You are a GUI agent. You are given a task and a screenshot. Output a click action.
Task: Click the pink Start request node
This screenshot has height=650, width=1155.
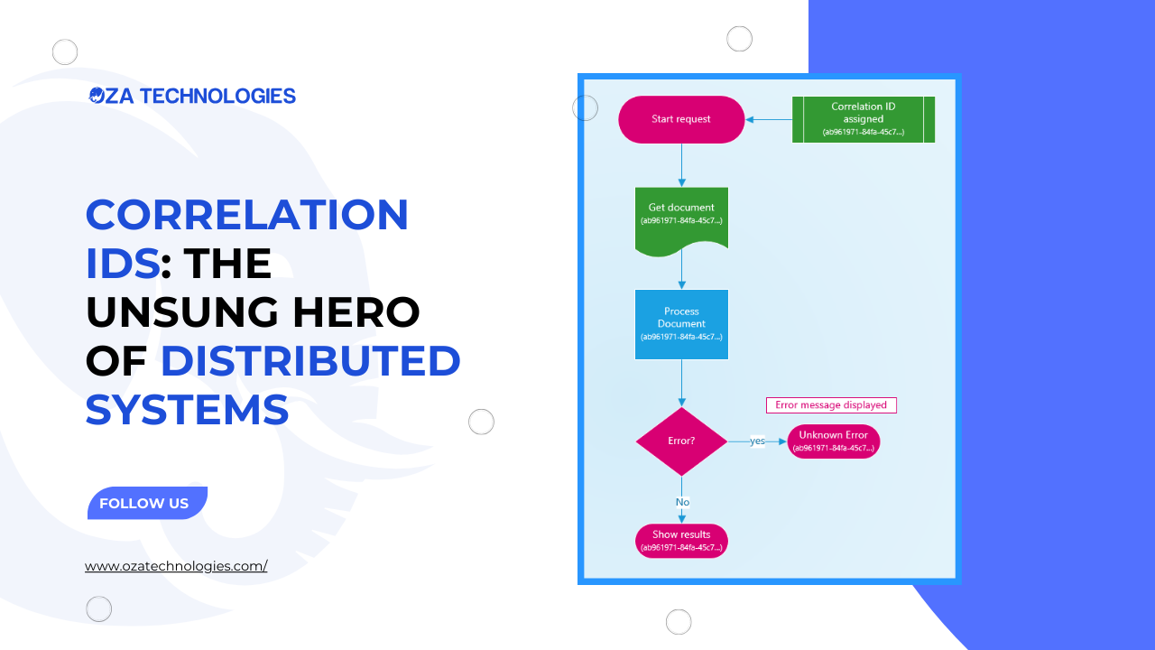click(x=681, y=119)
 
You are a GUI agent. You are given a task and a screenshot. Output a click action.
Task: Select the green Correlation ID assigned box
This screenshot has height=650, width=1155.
click(x=864, y=119)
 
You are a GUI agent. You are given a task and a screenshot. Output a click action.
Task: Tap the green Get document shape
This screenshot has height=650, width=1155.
click(x=681, y=217)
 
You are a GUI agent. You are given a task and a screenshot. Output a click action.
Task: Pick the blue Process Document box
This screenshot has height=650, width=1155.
click(x=681, y=324)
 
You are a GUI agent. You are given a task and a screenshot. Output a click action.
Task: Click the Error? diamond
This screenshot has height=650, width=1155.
click(x=681, y=441)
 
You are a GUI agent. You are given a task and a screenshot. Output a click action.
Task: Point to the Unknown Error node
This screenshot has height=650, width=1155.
click(x=833, y=441)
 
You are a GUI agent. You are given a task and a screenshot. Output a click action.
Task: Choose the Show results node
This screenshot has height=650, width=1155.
click(x=681, y=541)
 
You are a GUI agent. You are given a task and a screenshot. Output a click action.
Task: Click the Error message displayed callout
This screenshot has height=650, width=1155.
click(x=831, y=405)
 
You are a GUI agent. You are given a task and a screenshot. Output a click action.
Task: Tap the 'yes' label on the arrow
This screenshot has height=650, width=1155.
click(x=757, y=441)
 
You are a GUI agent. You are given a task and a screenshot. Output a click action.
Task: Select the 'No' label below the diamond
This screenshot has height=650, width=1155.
click(x=682, y=502)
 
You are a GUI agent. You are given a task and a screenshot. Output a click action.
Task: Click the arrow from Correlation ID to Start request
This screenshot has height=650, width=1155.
click(x=769, y=119)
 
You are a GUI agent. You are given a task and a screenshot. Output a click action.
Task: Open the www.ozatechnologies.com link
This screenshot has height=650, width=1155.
click(x=176, y=567)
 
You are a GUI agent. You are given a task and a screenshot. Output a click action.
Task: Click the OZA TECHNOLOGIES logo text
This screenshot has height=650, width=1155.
click(x=192, y=96)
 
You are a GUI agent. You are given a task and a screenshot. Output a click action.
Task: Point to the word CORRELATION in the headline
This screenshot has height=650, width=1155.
click(x=247, y=215)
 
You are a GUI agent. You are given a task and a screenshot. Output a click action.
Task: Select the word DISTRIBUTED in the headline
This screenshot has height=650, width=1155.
click(x=310, y=361)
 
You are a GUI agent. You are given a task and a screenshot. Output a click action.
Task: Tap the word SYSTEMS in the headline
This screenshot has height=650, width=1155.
click(x=188, y=410)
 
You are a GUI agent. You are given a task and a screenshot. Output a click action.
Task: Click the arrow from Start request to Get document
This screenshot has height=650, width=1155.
click(x=681, y=165)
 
